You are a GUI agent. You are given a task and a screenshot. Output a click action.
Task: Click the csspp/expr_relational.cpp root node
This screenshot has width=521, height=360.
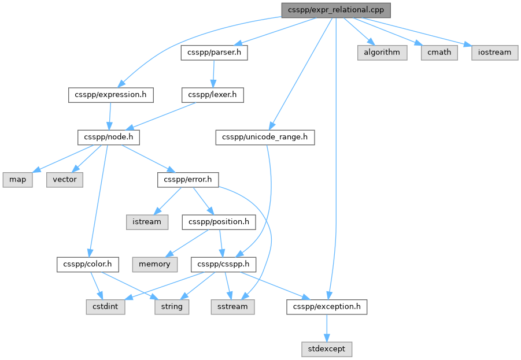[336, 10]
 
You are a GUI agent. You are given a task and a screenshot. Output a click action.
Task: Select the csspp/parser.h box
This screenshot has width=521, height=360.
[215, 53]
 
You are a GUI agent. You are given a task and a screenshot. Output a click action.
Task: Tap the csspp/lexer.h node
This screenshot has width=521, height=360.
[213, 95]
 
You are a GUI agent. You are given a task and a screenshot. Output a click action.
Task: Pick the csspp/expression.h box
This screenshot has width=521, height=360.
[111, 95]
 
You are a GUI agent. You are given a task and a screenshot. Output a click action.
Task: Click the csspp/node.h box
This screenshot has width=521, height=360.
[109, 138]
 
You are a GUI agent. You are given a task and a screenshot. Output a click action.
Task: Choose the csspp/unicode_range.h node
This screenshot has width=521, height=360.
[265, 138]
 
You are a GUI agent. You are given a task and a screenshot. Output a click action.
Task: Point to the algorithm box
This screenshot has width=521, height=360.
[382, 53]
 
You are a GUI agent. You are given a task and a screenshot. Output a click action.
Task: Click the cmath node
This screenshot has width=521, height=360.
[439, 53]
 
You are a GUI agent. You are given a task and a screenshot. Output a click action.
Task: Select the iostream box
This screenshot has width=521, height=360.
[495, 53]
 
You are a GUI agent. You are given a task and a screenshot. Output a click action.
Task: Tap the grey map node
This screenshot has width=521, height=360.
[17, 180]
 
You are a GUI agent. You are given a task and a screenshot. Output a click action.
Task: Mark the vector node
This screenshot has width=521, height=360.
[65, 180]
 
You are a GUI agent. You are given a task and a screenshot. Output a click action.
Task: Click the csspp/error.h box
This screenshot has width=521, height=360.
[188, 180]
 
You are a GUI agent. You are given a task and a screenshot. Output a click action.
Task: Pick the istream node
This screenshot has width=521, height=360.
[147, 222]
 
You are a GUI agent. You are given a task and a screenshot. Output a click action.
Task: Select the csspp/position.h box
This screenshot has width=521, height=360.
[219, 222]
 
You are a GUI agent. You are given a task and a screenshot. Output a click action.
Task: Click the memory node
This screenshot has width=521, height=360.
[155, 265]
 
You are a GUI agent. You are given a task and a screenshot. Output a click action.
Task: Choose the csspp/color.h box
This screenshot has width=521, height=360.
[88, 265]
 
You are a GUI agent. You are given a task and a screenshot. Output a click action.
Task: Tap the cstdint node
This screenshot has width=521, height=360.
[106, 307]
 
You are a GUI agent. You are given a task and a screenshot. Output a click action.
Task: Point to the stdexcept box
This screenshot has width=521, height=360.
[327, 350]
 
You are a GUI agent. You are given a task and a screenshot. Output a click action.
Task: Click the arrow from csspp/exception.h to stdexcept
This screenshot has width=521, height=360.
[327, 328]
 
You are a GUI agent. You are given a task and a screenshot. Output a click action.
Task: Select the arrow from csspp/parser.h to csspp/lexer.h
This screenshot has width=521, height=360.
[213, 74]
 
